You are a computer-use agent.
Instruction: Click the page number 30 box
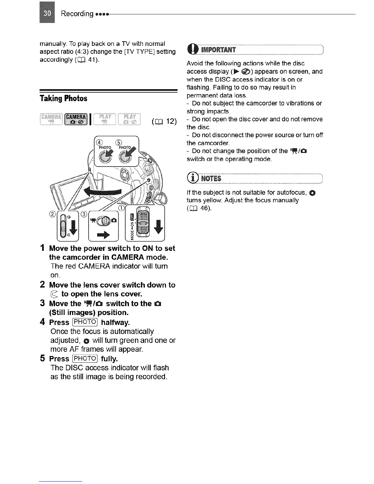(x=47, y=13)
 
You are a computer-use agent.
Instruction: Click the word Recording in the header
(x=77, y=14)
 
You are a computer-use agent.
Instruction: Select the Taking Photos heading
(x=63, y=98)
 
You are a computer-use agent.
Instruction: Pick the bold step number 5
(x=43, y=358)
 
